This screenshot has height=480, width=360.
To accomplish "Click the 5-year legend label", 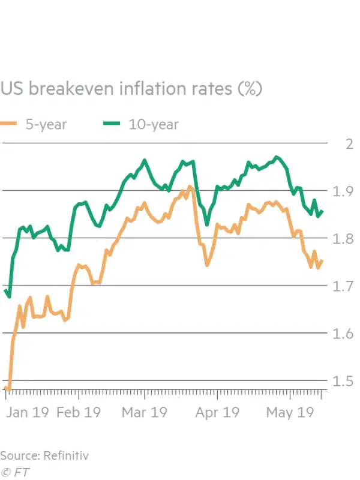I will (x=46, y=125).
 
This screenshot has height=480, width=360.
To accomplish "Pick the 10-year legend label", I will (x=153, y=125).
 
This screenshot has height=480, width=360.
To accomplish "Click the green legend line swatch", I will (x=110, y=125).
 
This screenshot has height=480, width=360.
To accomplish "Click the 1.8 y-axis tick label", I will (x=343, y=239).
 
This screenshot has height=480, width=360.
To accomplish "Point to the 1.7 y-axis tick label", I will (x=343, y=287).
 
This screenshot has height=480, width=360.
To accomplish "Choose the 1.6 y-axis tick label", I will (x=343, y=334).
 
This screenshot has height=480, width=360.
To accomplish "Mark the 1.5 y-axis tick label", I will (x=343, y=382).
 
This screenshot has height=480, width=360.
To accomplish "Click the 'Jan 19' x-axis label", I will (x=26, y=413).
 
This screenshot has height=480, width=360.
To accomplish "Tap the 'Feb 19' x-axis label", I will (x=79, y=413).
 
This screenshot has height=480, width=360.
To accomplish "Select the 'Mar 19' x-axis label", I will (x=145, y=413).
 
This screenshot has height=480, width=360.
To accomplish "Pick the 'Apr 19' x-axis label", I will (x=218, y=413).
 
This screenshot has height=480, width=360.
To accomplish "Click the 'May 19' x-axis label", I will (x=290, y=413).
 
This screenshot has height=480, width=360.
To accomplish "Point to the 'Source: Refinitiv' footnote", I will (x=44, y=455).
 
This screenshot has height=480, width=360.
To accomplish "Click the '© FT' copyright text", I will (x=16, y=472).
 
